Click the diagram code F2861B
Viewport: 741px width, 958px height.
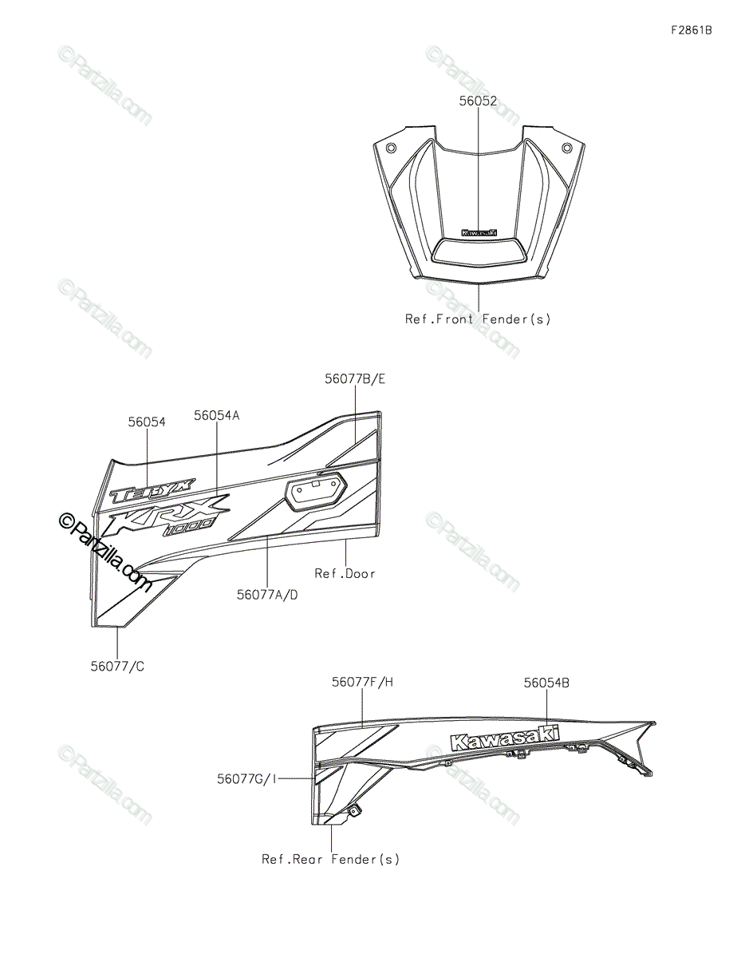[x=691, y=31]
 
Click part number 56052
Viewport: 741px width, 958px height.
[x=478, y=101]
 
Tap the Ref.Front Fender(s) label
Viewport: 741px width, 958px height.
[x=478, y=319]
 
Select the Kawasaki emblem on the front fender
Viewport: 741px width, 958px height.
[x=478, y=232]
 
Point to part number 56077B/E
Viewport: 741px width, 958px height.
[x=355, y=379]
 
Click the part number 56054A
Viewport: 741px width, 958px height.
[x=217, y=415]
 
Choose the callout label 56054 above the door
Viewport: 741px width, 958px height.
[x=147, y=422]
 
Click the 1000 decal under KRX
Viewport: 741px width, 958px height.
[x=188, y=527]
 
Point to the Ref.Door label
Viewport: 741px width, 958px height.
[x=345, y=573]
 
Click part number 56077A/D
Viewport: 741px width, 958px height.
[x=267, y=594]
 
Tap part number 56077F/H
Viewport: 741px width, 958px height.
[x=363, y=682]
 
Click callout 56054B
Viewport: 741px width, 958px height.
[x=546, y=683]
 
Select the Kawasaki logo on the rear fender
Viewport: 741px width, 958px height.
[x=504, y=738]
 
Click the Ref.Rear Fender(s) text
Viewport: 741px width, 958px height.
[x=331, y=860]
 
